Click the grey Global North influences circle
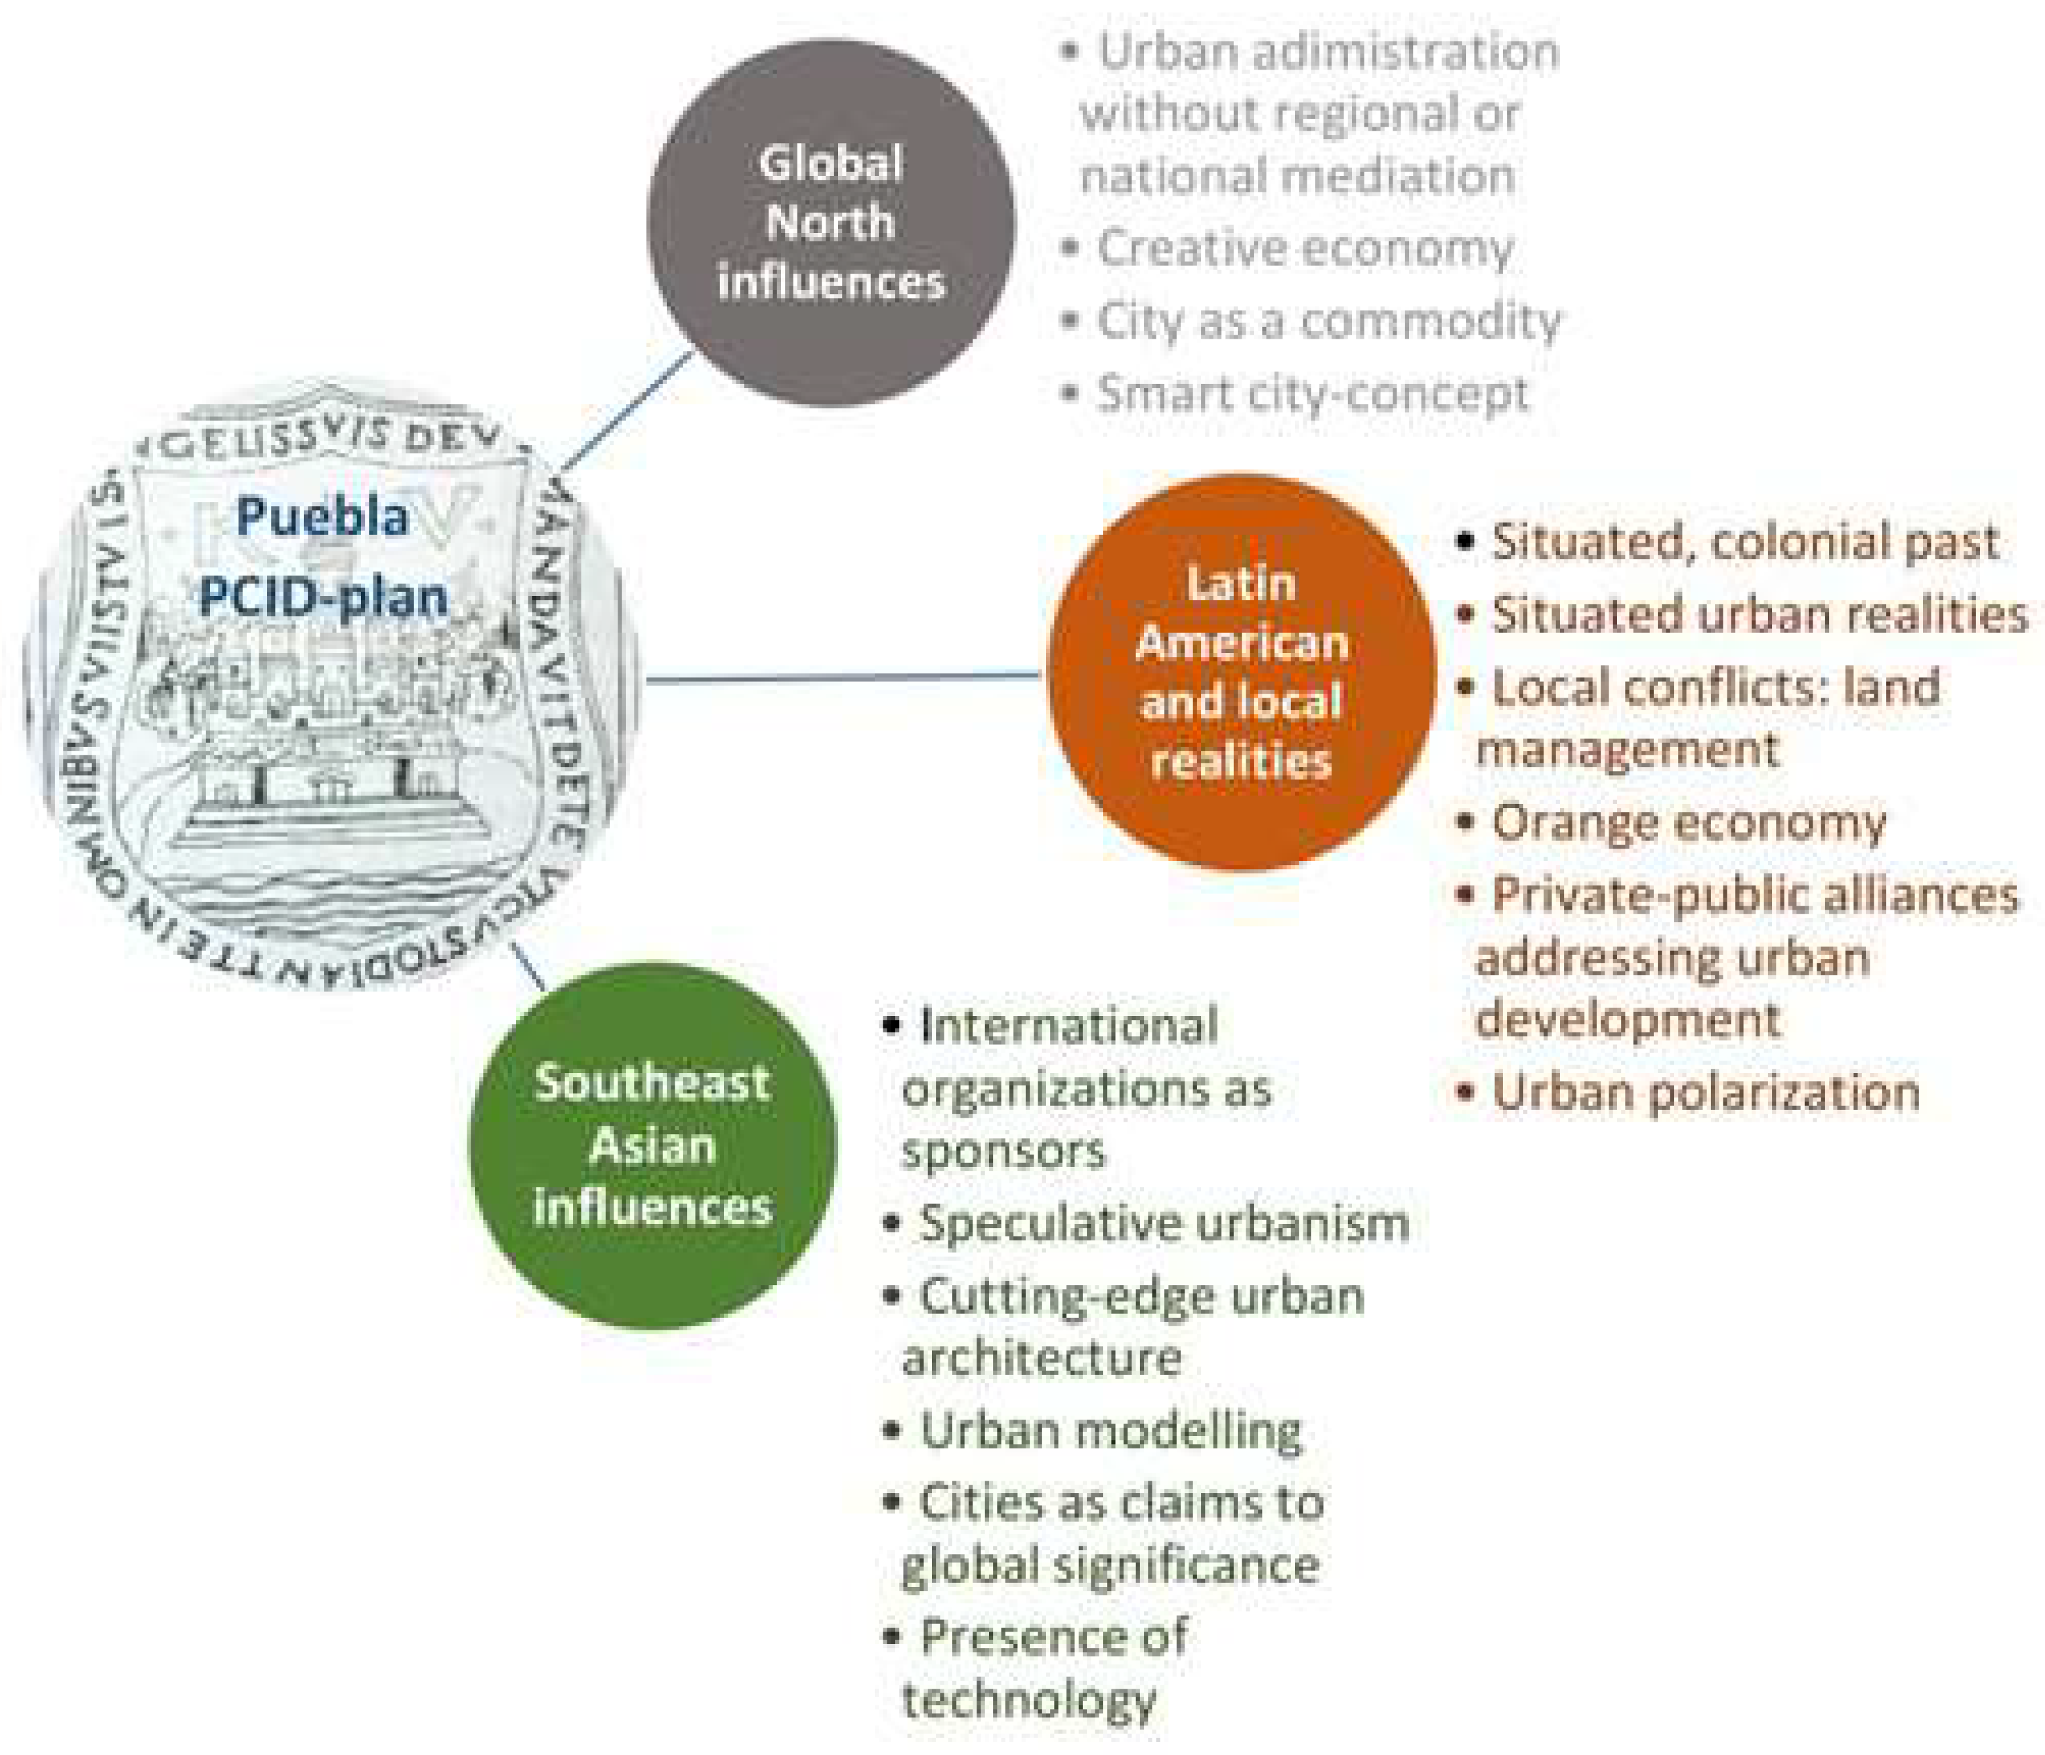click(x=830, y=222)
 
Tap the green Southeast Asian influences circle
click(x=652, y=1145)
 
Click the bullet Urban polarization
click(x=1704, y=1091)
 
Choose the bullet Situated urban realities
click(x=1758, y=614)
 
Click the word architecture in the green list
click(x=1042, y=1358)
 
